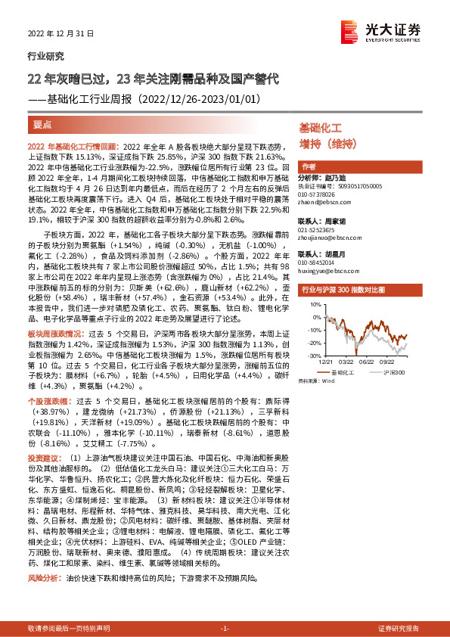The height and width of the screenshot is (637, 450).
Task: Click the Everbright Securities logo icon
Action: point(349,30)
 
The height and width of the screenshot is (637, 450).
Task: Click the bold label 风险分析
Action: point(42,576)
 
